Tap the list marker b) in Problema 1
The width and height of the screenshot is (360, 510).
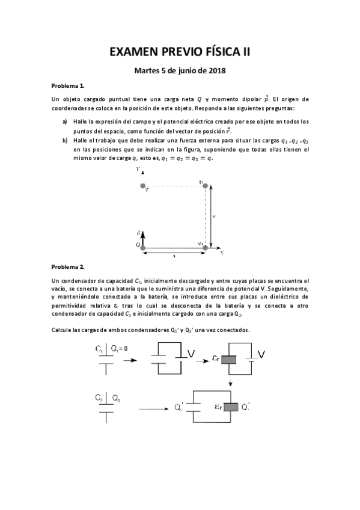[65, 140]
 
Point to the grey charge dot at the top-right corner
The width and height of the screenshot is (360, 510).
[206, 186]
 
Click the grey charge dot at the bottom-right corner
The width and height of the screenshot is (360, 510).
[206, 247]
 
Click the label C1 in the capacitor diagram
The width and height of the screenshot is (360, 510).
[100, 349]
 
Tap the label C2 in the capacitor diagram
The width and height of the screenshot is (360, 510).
[100, 398]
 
